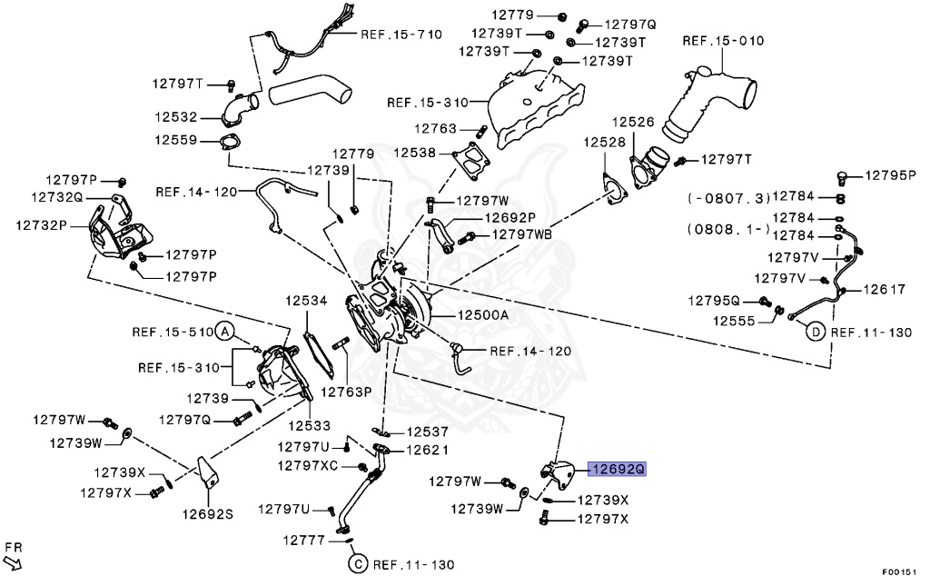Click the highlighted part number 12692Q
618,469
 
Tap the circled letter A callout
224,332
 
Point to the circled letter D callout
816,333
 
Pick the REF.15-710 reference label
401,35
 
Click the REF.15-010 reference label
723,41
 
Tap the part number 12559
175,140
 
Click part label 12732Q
56,196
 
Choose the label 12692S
208,513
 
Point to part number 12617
885,290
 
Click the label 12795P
890,175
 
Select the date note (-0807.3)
728,197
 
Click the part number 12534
306,299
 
